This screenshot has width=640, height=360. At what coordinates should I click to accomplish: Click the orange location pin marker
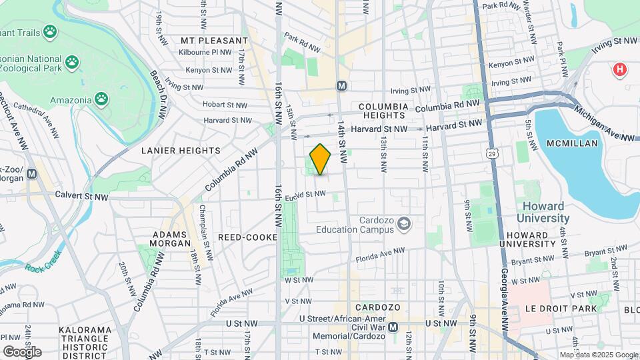pyautogui.click(x=320, y=159)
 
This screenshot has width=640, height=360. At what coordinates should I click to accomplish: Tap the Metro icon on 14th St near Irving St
pyautogui.click(x=341, y=86)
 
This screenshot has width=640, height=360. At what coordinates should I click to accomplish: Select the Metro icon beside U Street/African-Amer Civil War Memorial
pyautogui.click(x=393, y=327)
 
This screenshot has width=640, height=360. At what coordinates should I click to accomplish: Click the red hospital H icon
pyautogui.click(x=620, y=69)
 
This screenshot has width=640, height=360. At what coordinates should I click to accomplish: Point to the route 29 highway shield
pyautogui.click(x=492, y=154)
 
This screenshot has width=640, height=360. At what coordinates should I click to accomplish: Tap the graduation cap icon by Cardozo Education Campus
pyautogui.click(x=403, y=224)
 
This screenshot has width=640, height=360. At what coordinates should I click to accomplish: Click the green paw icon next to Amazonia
pyautogui.click(x=101, y=100)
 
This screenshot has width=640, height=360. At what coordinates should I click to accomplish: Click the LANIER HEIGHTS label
pyautogui.click(x=181, y=151)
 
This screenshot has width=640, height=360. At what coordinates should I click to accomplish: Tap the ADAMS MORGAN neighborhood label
pyautogui.click(x=171, y=239)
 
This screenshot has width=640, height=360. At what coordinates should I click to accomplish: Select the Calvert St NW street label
pyautogui.click(x=83, y=196)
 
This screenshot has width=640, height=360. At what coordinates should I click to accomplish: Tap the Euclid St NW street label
pyautogui.click(x=305, y=195)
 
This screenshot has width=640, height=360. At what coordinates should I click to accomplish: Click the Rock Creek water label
pyautogui.click(x=43, y=268)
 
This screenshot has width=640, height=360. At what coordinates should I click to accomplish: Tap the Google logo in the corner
pyautogui.click(x=22, y=351)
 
